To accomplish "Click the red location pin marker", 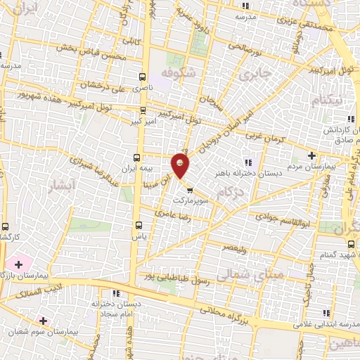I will [x=181, y=166].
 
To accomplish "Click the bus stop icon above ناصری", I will [x=143, y=77].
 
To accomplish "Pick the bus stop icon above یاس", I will [x=138, y=226].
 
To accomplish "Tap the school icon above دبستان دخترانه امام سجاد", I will [x=116, y=293].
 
